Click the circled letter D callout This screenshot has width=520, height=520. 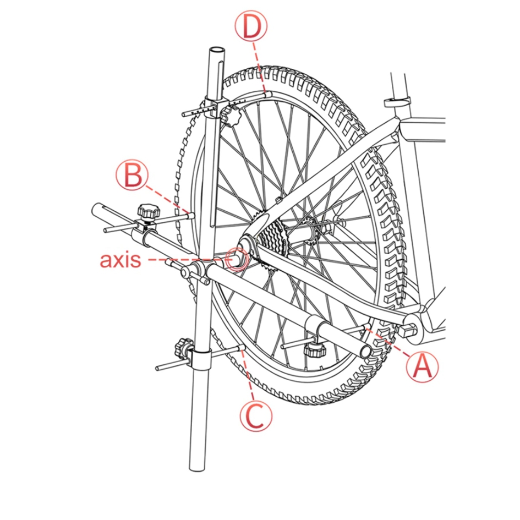[x=251, y=26]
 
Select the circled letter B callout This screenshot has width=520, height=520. [x=132, y=175]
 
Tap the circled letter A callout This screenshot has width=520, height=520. [x=423, y=367]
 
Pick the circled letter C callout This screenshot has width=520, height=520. [x=256, y=415]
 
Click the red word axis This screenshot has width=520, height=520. [x=121, y=260]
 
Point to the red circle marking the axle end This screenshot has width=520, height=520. [x=237, y=259]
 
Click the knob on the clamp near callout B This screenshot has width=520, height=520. [x=149, y=211]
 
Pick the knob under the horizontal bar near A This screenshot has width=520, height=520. [x=314, y=349]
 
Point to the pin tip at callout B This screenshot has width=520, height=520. [x=191, y=215]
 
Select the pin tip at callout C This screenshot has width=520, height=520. [x=242, y=347]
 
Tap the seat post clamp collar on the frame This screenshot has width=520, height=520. [x=397, y=101]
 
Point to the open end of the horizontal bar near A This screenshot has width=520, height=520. [x=366, y=351]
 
